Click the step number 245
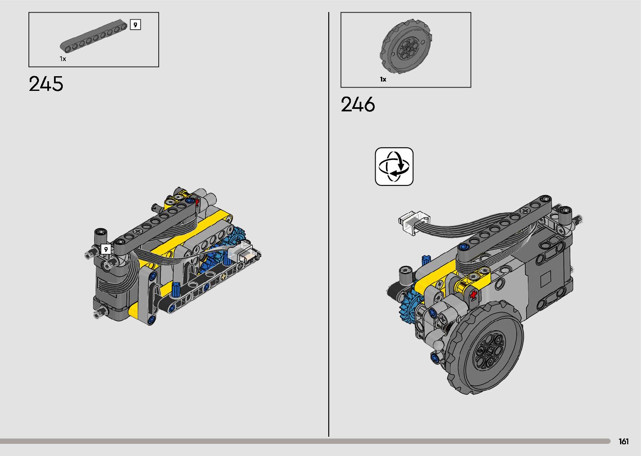coord(46,84)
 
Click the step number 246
coord(358,104)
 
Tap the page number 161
coord(624,441)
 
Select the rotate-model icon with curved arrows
coord(394,167)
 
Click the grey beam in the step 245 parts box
coord(93,36)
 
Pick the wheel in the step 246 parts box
coord(406,46)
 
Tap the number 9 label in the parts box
coord(135,25)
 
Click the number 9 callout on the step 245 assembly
coord(106,249)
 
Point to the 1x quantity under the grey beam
coord(63,59)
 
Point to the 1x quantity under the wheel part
coord(383,79)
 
